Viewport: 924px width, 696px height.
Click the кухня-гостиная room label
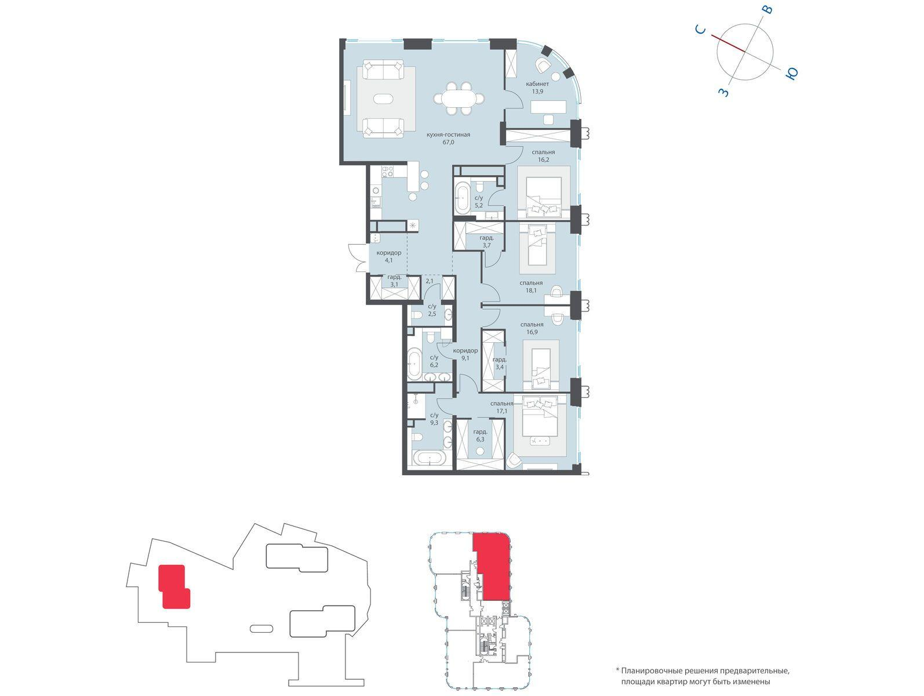pyautogui.click(x=448, y=135)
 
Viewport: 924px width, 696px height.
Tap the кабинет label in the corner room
pyautogui.click(x=537, y=84)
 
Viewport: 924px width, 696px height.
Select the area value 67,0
pyautogui.click(x=448, y=142)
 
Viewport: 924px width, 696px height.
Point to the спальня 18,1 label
pyautogui.click(x=531, y=287)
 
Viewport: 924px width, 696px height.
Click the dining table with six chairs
pyautogui.click(x=459, y=99)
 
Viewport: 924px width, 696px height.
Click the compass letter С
pyautogui.click(x=700, y=29)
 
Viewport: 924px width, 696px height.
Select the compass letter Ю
pyautogui.click(x=791, y=74)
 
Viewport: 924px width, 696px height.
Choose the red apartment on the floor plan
pyautogui.click(x=491, y=567)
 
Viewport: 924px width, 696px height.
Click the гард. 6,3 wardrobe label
pyautogui.click(x=481, y=436)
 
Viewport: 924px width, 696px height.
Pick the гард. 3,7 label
pyautogui.click(x=486, y=241)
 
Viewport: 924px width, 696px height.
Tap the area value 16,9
pyautogui.click(x=531, y=332)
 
